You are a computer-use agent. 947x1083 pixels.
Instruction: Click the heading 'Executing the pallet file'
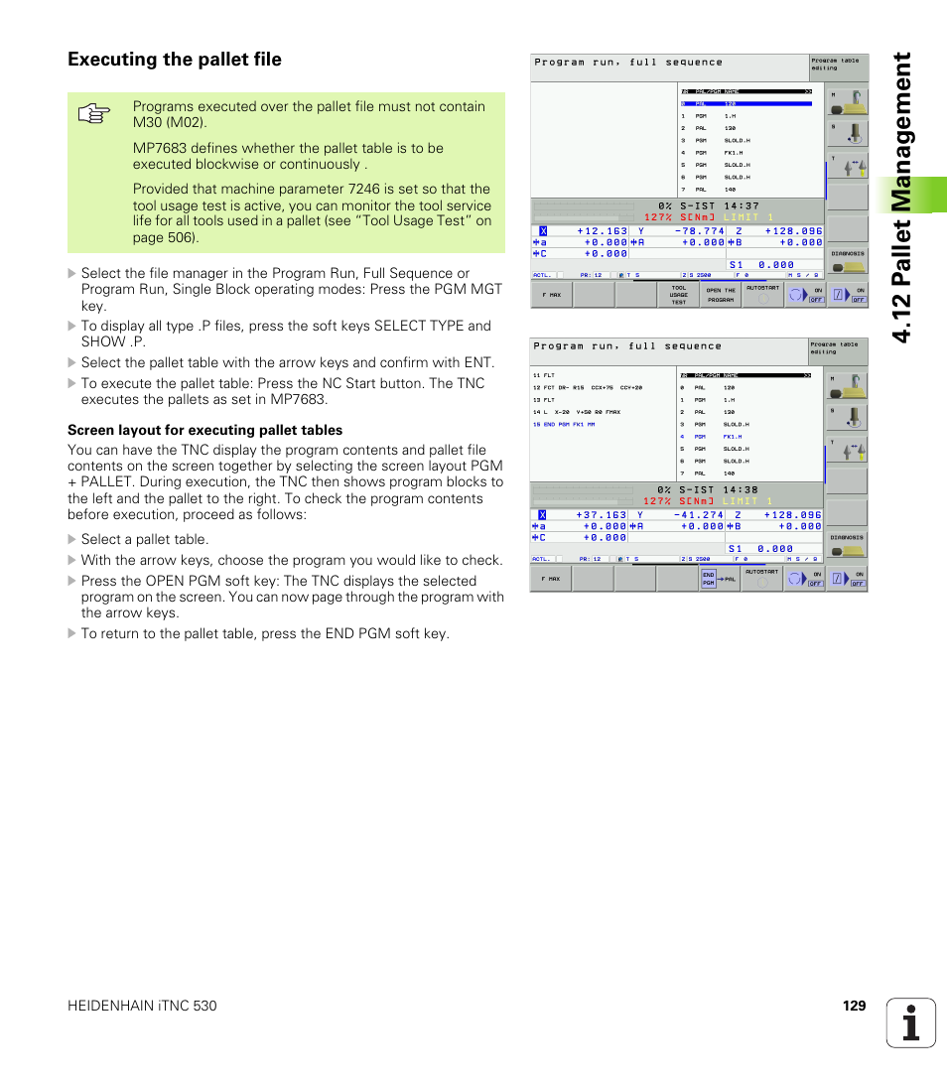click(175, 60)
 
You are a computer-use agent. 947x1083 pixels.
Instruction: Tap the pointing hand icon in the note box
click(92, 115)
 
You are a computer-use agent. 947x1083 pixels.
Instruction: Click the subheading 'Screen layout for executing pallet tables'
click(204, 430)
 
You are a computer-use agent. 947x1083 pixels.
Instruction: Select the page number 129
click(854, 1006)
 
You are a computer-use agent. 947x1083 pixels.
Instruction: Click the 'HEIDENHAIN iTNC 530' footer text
click(142, 1006)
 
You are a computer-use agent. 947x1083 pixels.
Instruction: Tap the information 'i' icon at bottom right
click(910, 1022)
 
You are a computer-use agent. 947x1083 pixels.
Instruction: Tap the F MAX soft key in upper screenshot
click(551, 295)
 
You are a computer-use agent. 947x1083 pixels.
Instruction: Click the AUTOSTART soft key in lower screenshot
click(762, 579)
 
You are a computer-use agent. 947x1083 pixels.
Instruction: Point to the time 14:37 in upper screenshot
click(742, 206)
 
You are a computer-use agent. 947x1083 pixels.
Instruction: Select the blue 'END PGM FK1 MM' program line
click(564, 424)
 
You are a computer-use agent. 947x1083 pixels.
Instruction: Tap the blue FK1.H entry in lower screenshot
click(733, 437)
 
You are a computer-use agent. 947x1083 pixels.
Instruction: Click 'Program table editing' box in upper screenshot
click(837, 65)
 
